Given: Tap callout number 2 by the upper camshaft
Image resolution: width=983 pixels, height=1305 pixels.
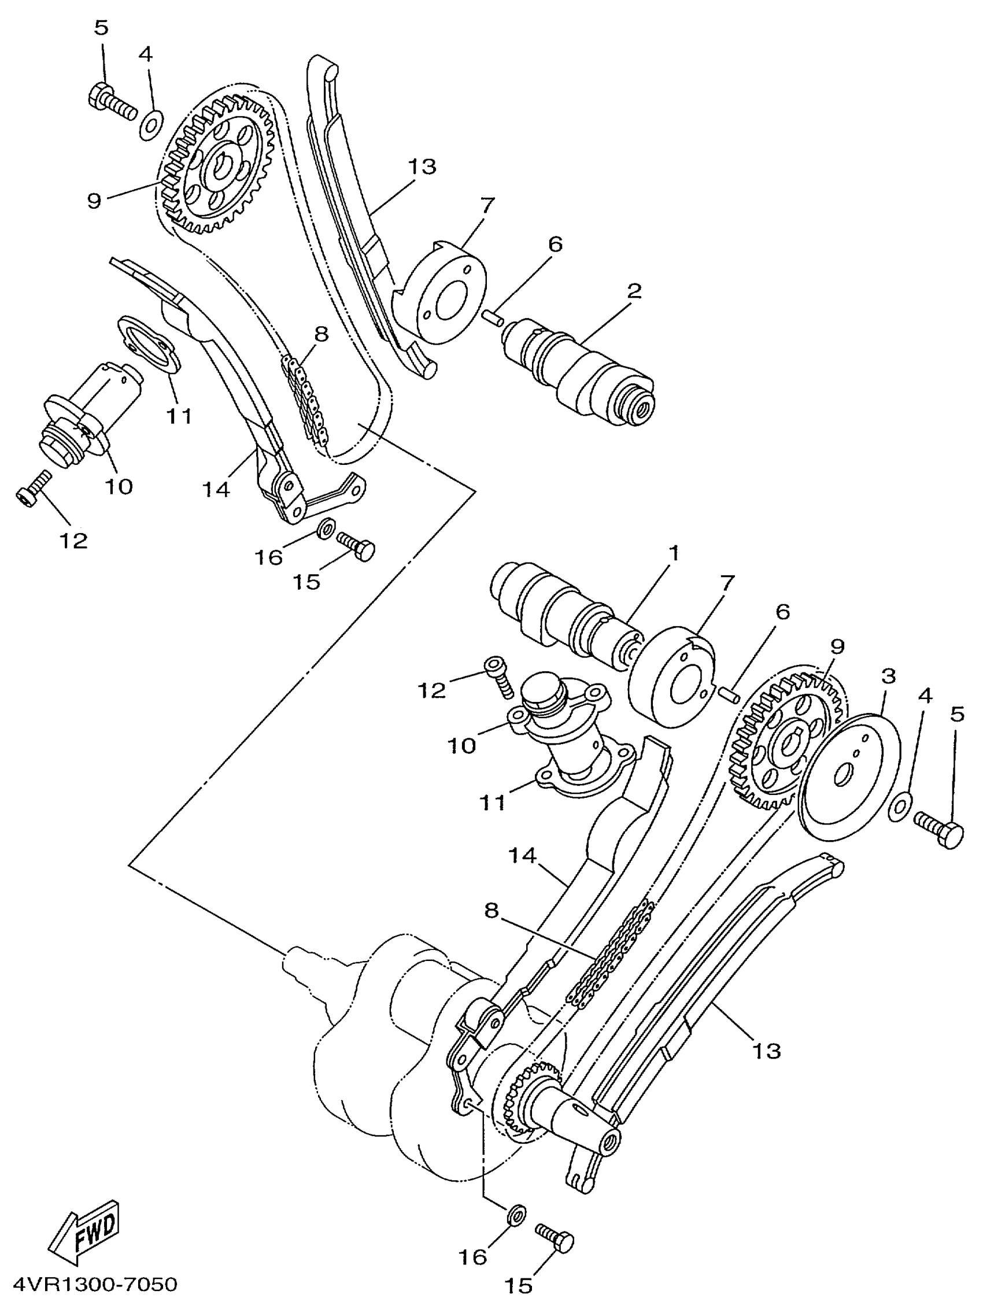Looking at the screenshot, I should pos(634,291).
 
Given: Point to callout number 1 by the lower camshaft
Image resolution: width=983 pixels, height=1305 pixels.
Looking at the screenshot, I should pos(673,553).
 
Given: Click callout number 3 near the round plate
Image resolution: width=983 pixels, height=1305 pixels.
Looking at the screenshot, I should pos(888,676).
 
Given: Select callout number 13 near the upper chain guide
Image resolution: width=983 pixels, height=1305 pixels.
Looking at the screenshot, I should pos(422,167).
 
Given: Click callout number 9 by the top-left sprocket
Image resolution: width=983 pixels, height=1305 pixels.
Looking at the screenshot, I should pos(94,201).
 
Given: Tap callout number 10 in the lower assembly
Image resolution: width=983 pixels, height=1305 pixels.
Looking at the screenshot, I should pos(462,746).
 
